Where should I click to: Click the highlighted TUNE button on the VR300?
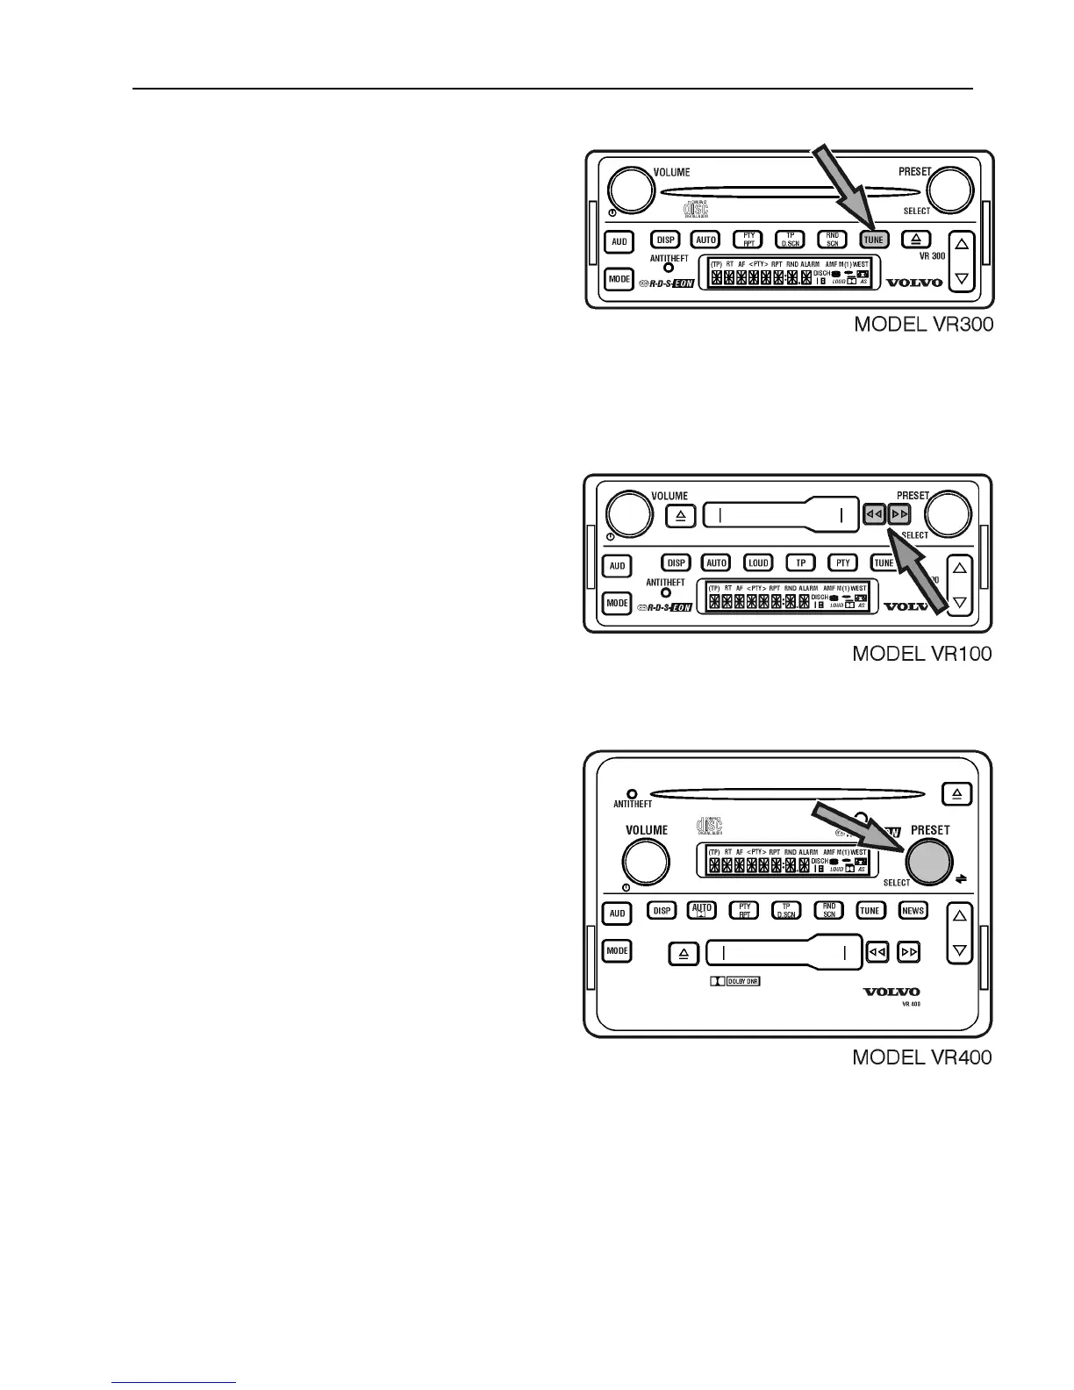873,240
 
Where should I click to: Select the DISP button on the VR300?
666,240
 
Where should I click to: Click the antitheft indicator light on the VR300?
669,268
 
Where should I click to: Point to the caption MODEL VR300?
924,325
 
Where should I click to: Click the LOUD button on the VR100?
758,563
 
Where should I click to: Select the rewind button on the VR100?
874,515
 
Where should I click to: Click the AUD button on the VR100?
617,566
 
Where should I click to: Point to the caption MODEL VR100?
922,655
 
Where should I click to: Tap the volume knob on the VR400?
646,862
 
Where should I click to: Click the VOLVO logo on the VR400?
891,992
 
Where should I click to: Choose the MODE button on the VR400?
617,950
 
